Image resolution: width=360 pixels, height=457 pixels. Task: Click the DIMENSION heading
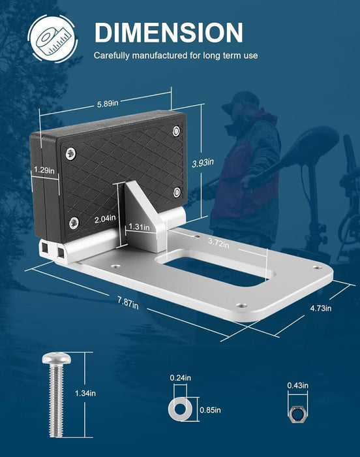point(169,33)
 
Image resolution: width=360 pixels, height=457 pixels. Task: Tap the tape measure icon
point(52,38)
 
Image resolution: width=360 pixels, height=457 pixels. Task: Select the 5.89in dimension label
point(108,103)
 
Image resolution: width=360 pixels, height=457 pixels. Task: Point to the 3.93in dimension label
point(203,163)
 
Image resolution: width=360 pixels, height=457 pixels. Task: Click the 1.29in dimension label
point(44,170)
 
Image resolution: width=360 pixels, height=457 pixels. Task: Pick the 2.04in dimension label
point(105,219)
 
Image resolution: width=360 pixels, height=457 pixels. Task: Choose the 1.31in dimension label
point(139,227)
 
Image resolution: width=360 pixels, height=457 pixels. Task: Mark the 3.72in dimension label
point(218,242)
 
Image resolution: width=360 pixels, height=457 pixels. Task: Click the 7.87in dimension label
point(128,303)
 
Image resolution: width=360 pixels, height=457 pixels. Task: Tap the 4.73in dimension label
point(321,308)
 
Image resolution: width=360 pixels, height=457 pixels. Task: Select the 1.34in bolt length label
point(85,393)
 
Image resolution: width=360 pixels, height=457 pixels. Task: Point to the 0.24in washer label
point(180,378)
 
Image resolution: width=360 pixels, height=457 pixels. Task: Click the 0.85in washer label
point(210,410)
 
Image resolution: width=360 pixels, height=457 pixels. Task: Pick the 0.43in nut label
point(297,385)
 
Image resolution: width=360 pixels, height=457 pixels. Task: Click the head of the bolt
point(57,358)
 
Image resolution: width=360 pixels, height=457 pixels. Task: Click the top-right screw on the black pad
point(176,131)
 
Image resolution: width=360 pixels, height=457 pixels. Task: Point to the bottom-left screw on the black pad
point(74,223)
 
